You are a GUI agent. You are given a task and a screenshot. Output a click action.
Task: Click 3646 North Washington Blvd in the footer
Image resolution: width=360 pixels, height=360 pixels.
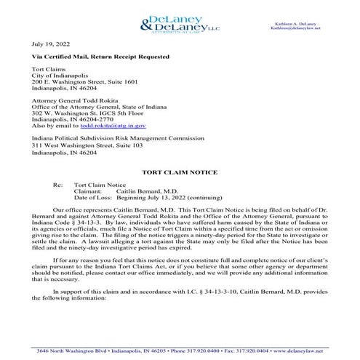click(65, 350)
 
